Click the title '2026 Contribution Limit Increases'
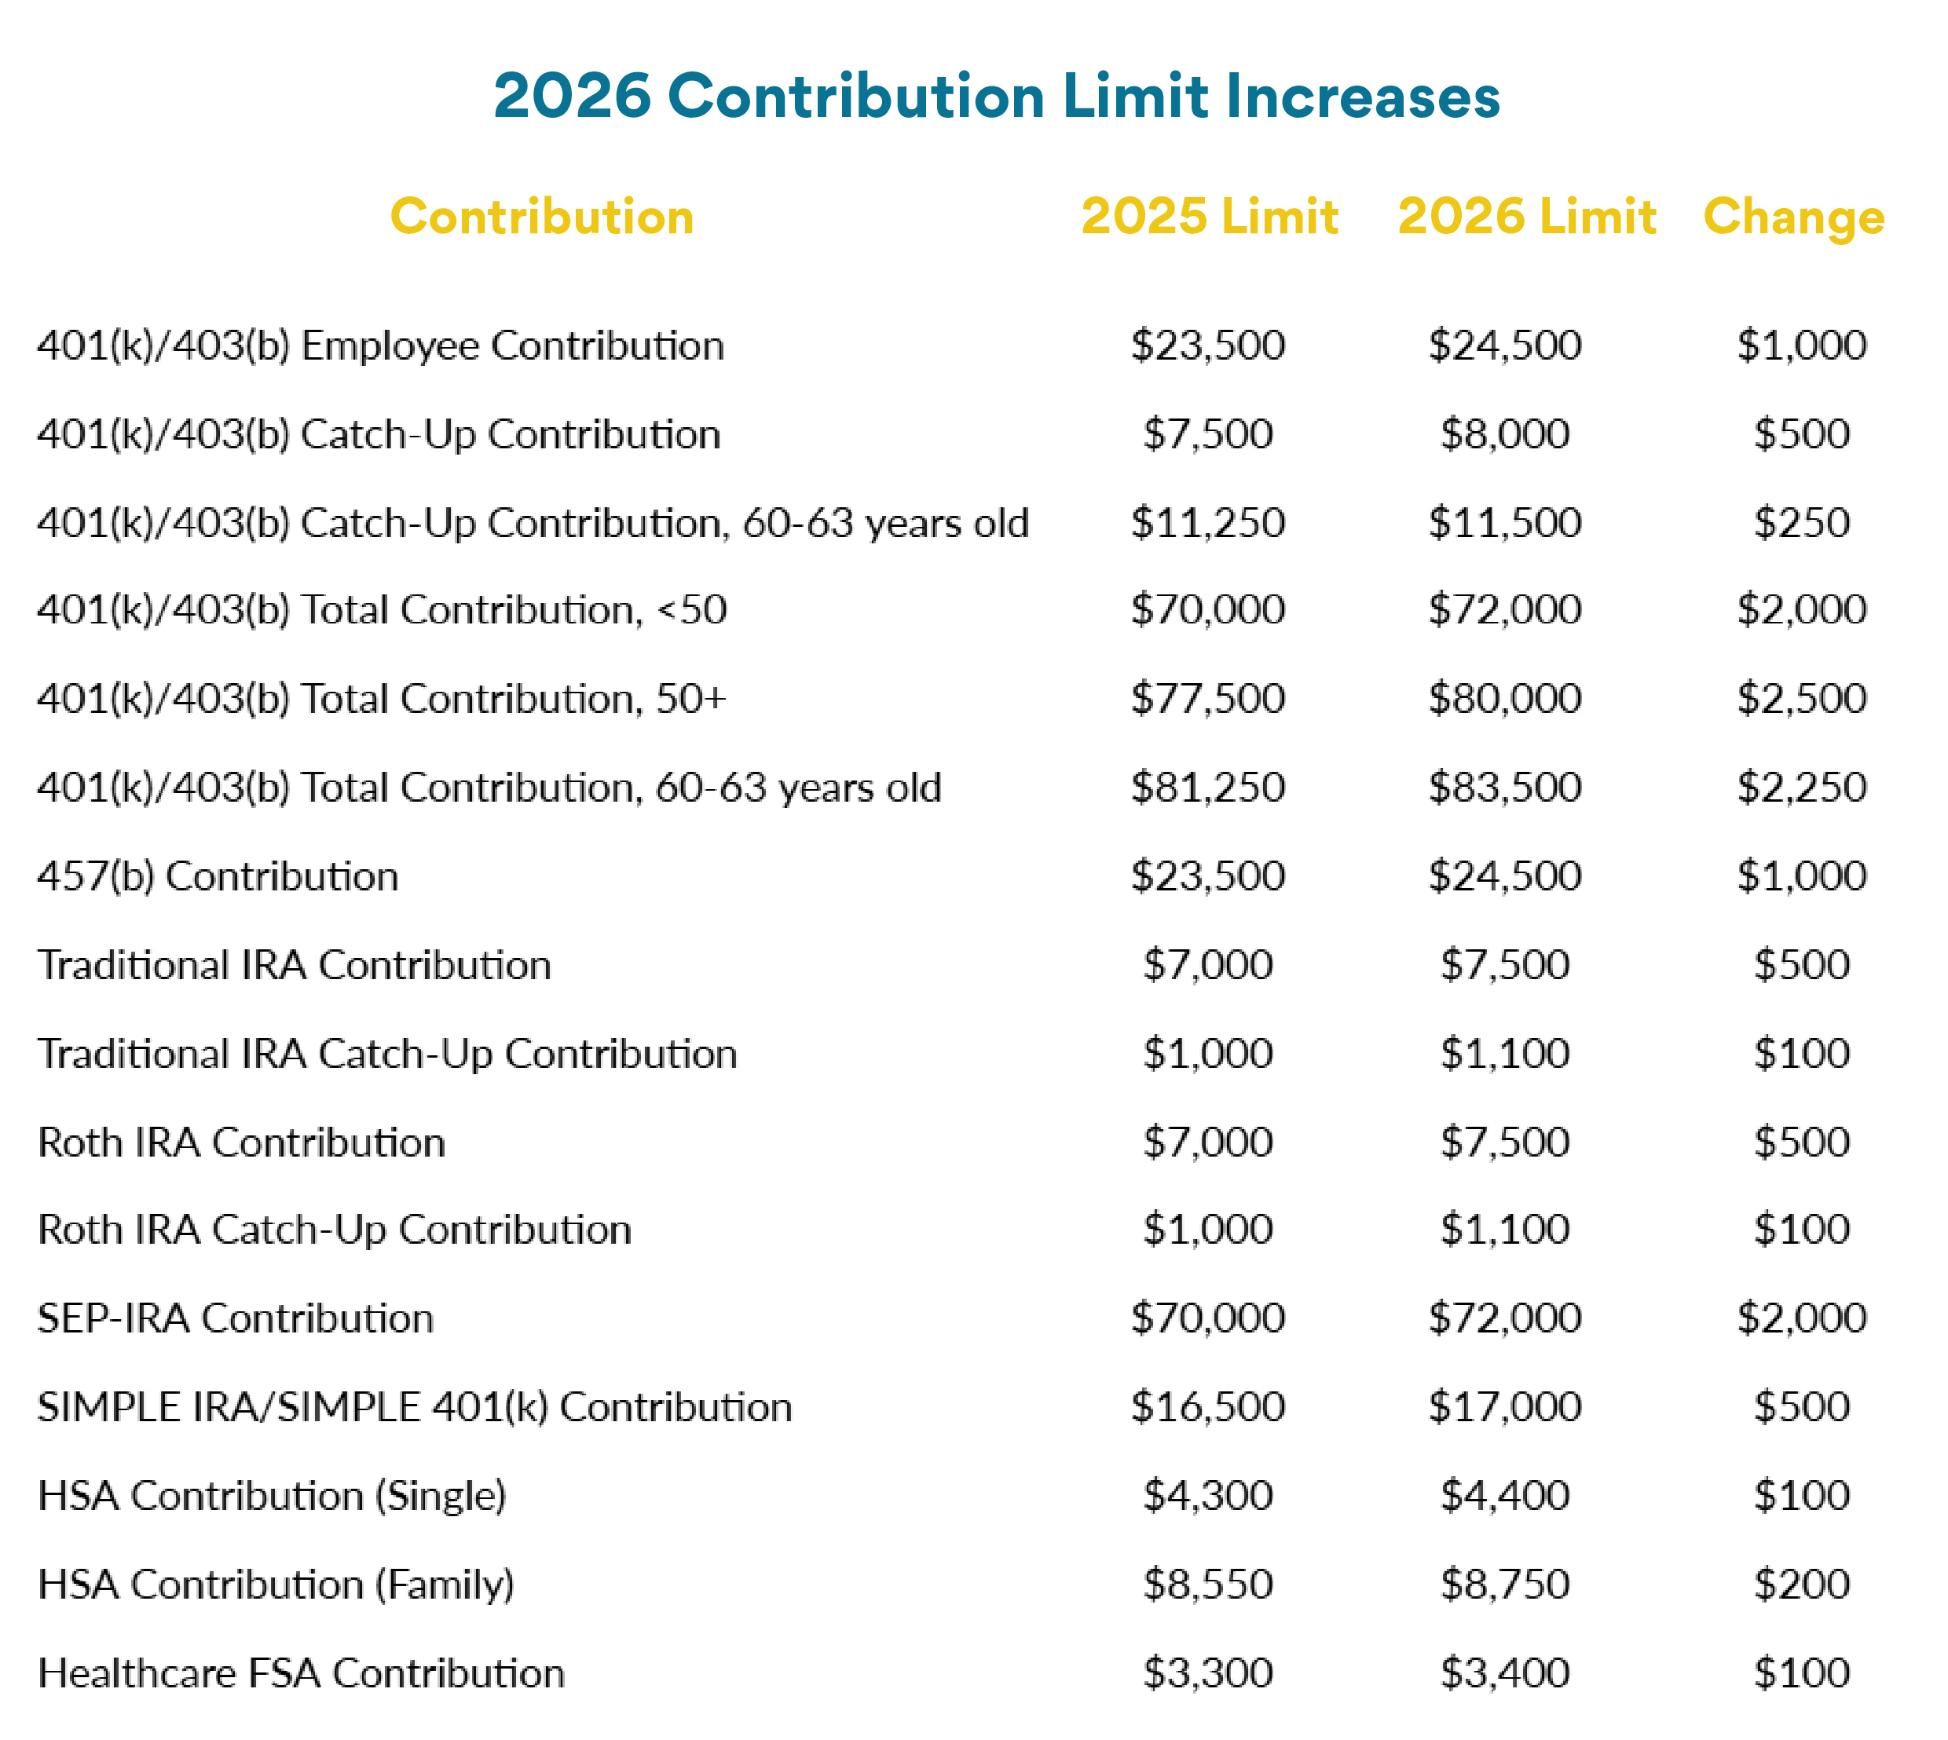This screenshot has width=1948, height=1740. pos(995,97)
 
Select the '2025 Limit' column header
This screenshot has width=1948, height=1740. pos(1209,216)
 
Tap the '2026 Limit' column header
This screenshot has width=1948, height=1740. pos(1526,216)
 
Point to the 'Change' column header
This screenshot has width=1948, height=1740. pos(1793,217)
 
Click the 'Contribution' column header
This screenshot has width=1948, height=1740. pos(541,216)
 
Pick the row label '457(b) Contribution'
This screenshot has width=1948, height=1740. pos(218,875)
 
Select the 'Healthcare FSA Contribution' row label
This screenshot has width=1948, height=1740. pos(302,1673)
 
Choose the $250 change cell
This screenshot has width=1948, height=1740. pos(1802,522)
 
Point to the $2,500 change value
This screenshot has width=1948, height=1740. pos(1802,698)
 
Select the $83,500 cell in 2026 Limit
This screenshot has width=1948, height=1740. pos(1505,787)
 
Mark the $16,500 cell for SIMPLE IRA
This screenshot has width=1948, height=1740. pos(1208,1406)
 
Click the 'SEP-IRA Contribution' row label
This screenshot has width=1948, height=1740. pos(235,1318)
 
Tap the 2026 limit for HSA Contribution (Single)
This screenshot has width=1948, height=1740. pos(1505,1495)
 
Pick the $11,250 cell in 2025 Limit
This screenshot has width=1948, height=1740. pos(1208,522)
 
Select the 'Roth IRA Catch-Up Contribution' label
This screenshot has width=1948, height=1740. pos(335,1230)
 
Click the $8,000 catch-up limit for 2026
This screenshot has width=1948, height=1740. pos(1505,434)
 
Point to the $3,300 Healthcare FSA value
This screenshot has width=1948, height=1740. pos(1208,1673)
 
